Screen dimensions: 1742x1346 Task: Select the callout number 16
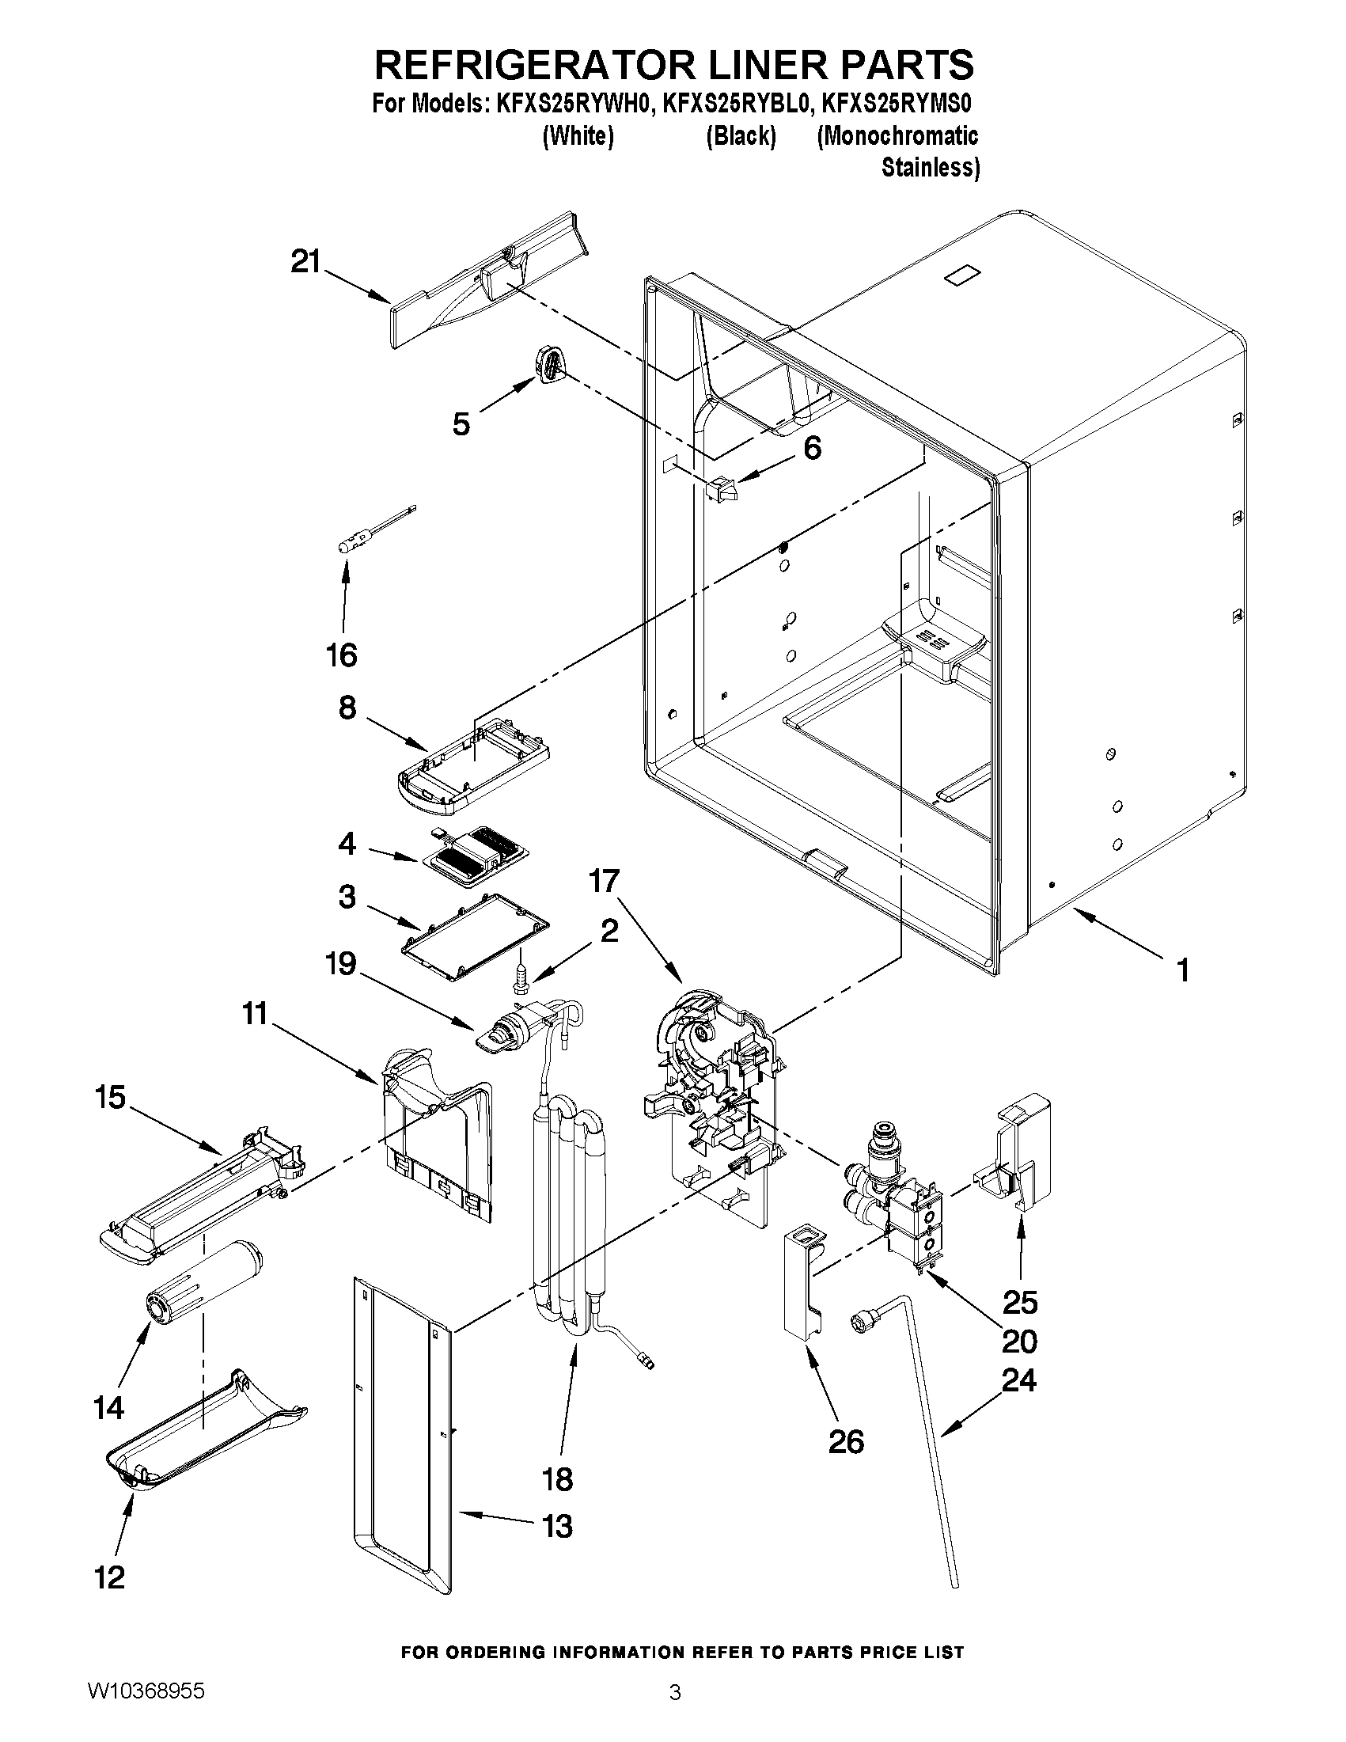click(x=341, y=655)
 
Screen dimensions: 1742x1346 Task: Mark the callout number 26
click(x=846, y=1441)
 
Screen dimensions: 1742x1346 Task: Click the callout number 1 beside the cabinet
click(x=1182, y=970)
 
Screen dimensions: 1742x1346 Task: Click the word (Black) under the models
click(x=741, y=136)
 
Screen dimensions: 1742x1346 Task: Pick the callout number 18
click(x=557, y=1479)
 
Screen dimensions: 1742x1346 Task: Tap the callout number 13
click(x=557, y=1527)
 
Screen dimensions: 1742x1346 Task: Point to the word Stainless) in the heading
click(x=930, y=169)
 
